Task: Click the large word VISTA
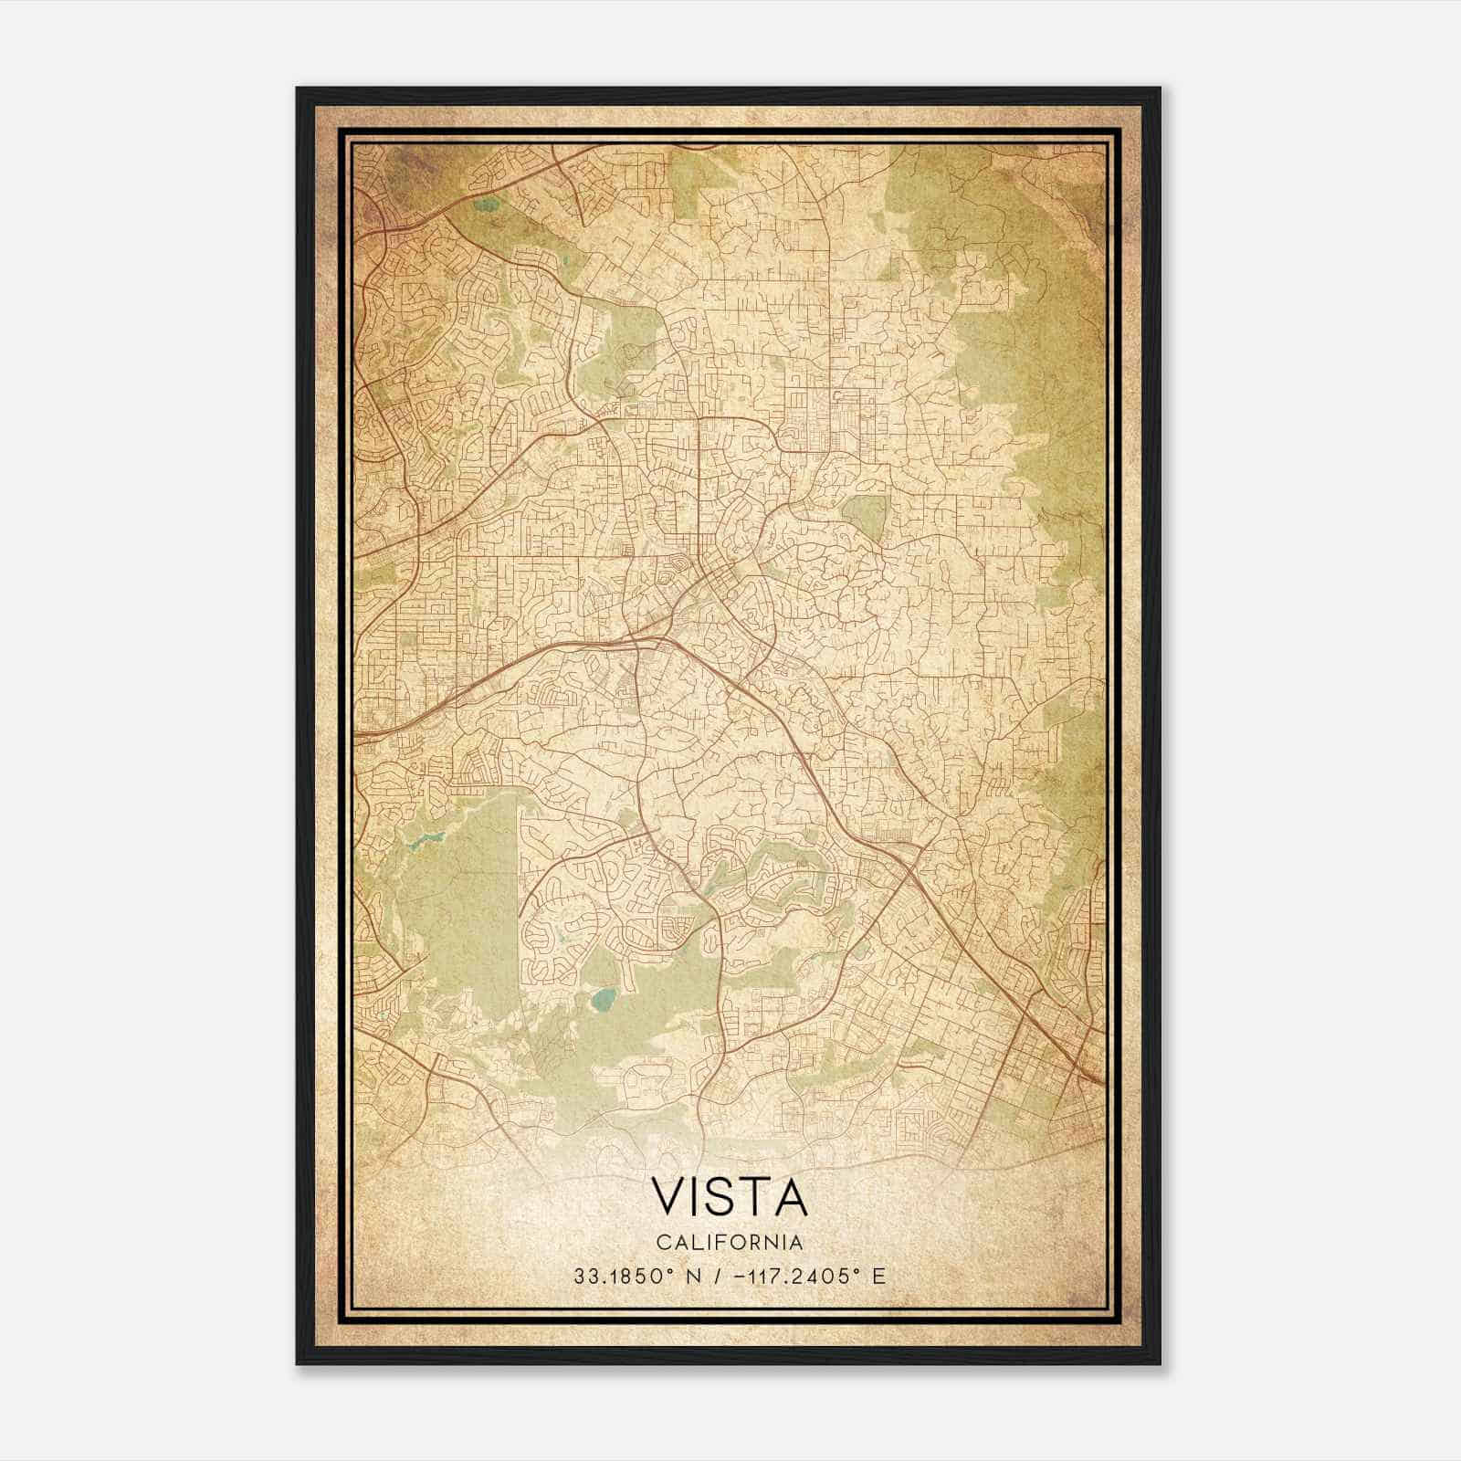point(730,1198)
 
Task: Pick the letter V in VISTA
point(666,1198)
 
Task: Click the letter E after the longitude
point(878,1277)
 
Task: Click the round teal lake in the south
point(602,1002)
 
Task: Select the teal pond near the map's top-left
point(485,204)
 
